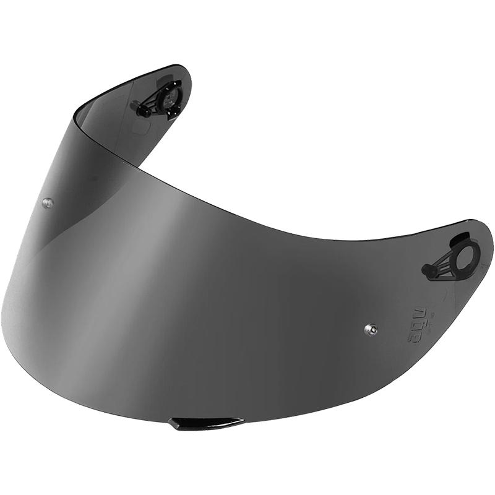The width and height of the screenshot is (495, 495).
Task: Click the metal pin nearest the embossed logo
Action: click(x=371, y=329)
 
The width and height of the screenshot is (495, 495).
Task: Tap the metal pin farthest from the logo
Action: click(x=47, y=202)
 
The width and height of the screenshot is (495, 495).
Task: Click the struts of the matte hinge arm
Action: click(x=442, y=265)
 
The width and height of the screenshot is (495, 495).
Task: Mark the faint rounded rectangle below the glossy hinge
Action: click(x=141, y=127)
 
